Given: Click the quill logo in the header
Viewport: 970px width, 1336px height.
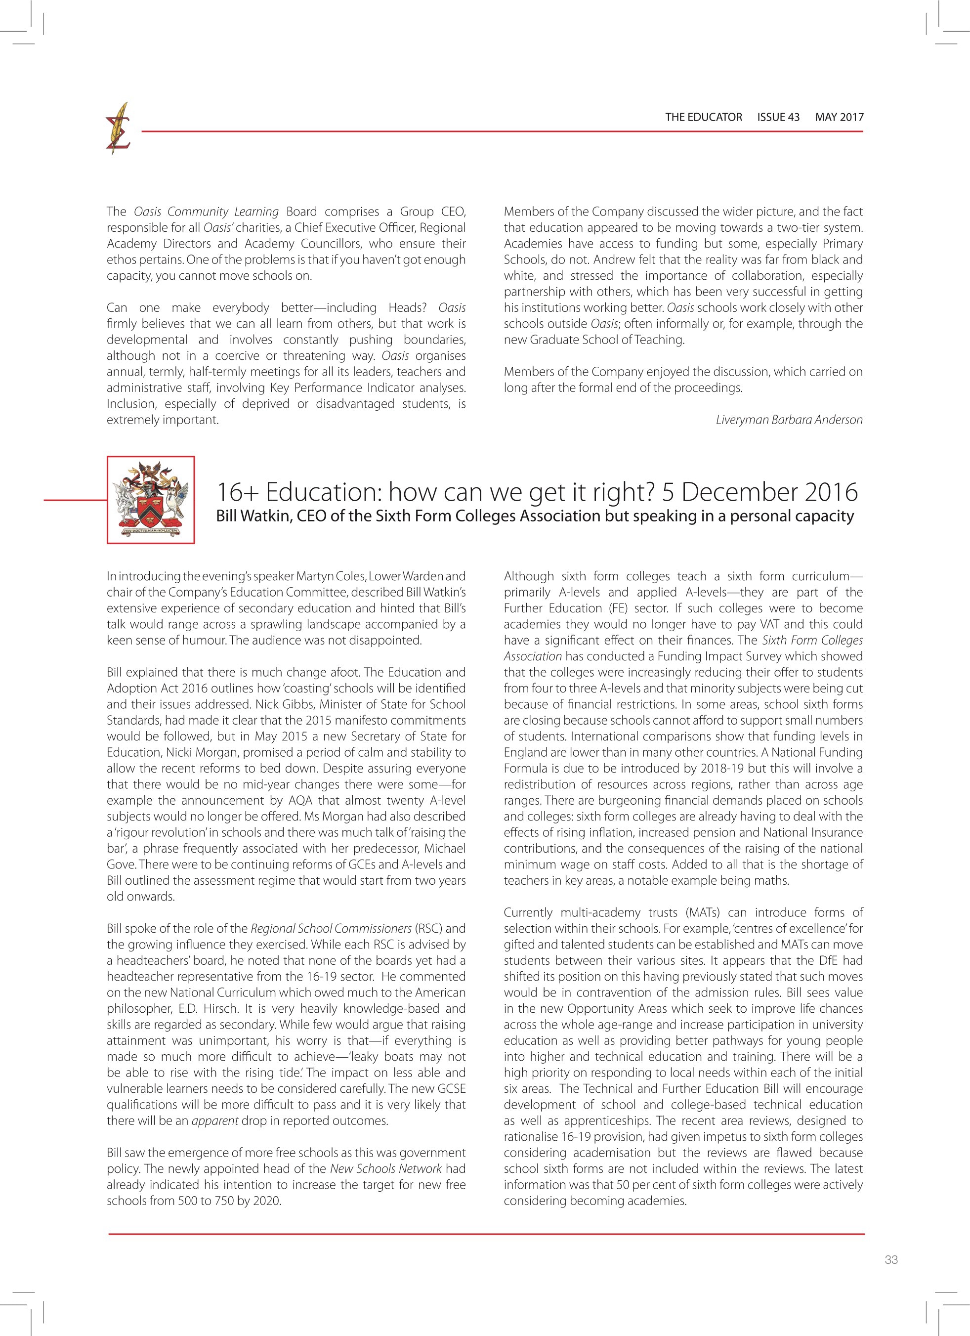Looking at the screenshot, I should (x=118, y=129).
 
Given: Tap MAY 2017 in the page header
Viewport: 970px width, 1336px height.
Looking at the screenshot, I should (x=839, y=117).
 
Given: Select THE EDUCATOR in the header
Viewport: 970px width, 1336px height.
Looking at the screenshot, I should (x=703, y=117).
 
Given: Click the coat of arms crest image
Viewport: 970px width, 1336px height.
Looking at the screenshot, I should (x=151, y=500).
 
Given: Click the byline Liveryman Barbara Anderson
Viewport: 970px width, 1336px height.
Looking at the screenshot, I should (x=789, y=420).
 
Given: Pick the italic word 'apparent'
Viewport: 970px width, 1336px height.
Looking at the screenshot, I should (x=215, y=1121).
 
